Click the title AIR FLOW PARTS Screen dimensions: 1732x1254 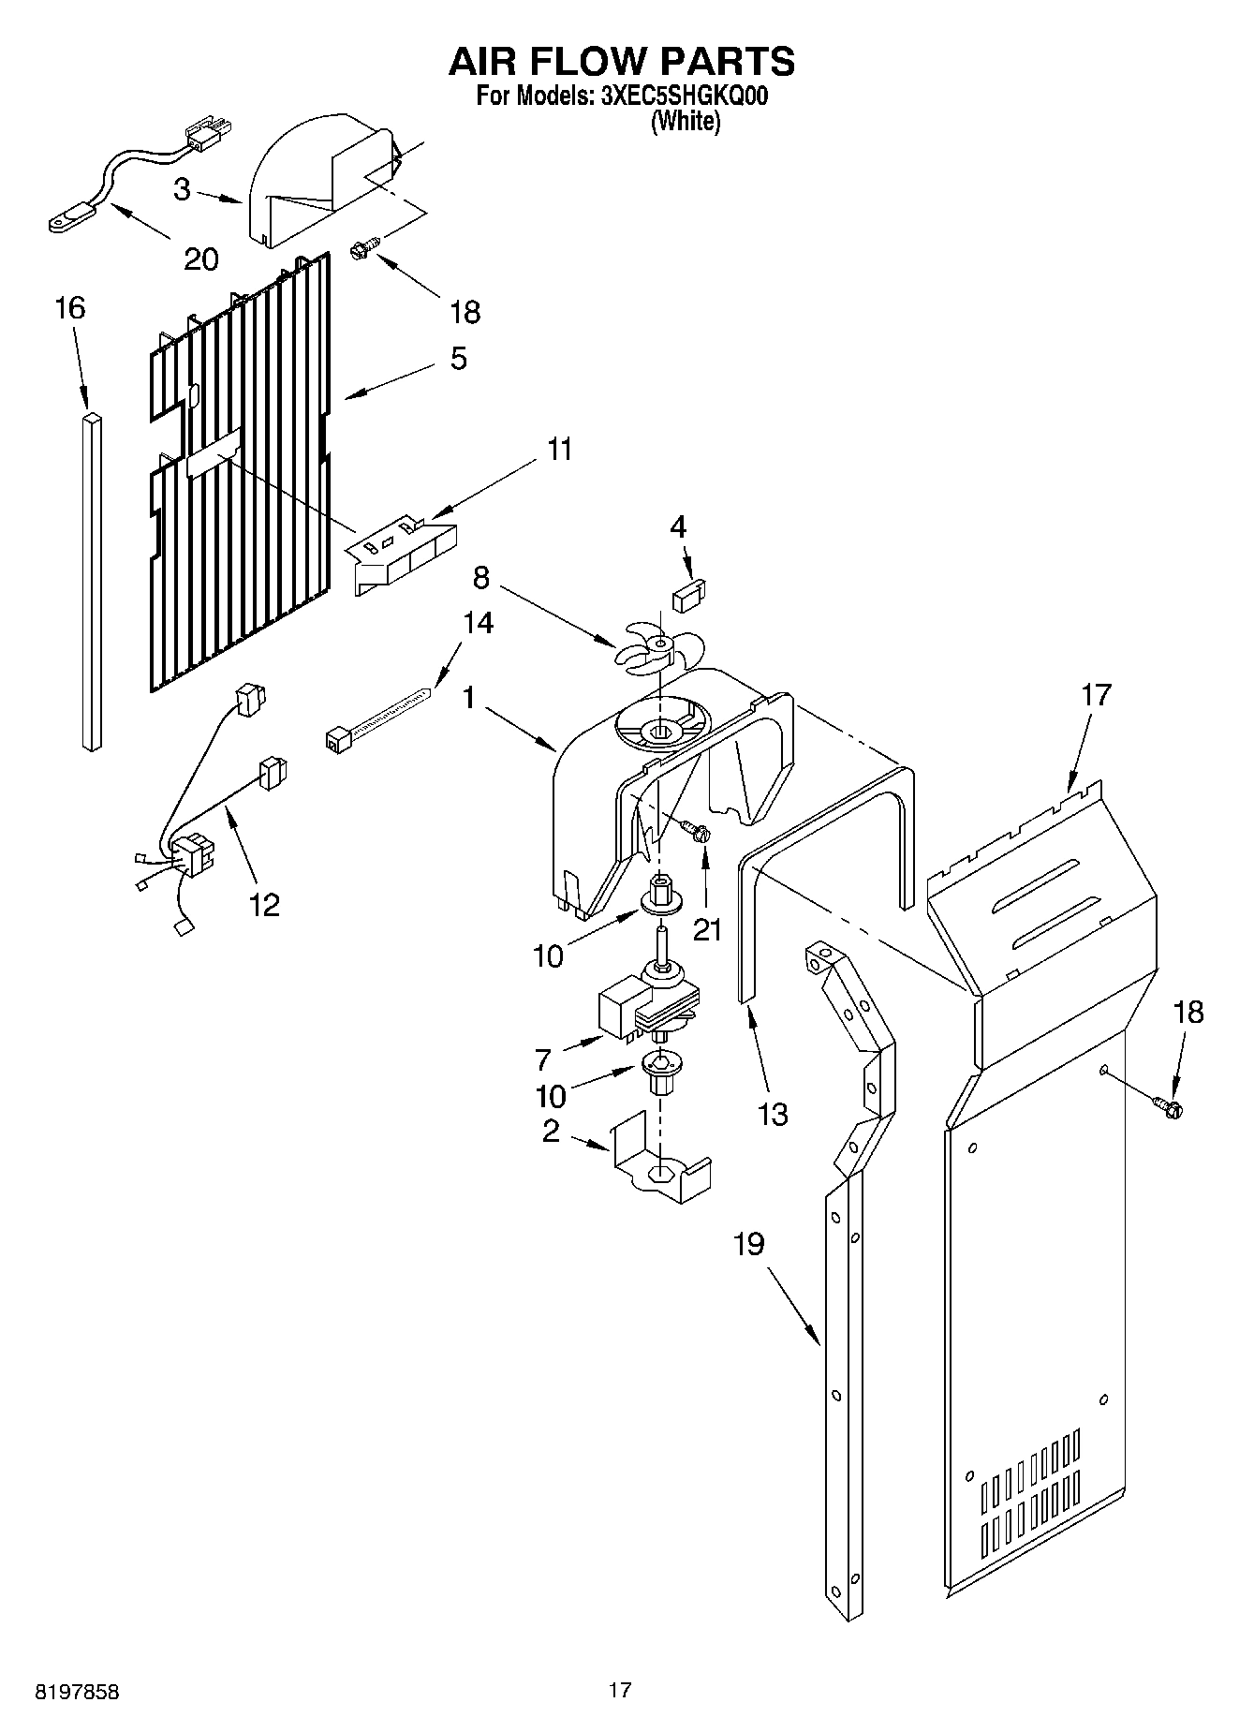pos(622,62)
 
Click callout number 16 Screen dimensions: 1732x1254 pos(71,308)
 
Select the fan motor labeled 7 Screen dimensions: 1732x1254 pos(646,1007)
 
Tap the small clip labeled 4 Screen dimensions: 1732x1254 pos(690,595)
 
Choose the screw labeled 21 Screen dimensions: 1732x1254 pos(697,830)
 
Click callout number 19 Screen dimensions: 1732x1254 pos(748,1244)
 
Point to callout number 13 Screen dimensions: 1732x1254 pos(773,1114)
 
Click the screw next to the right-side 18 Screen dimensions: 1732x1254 pos(1170,1106)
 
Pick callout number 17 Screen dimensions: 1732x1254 pos(1095,695)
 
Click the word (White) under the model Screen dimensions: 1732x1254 pos(686,122)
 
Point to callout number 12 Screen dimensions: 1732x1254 pos(263,904)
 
